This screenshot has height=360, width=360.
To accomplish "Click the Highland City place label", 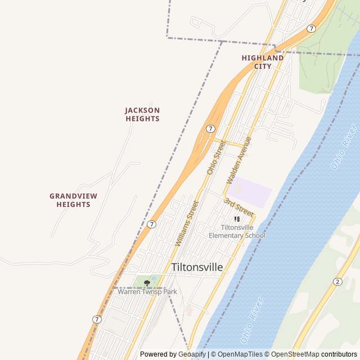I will tap(263, 62).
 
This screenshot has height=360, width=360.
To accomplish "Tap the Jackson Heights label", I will tap(142, 115).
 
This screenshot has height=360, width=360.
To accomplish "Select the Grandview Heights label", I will tap(73, 200).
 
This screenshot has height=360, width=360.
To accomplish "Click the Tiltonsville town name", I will tap(196, 267).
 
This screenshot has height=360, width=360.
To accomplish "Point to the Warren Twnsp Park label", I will tap(147, 291).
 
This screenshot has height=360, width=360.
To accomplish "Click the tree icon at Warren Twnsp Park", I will tap(147, 282).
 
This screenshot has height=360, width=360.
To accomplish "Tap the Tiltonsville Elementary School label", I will tap(237, 232).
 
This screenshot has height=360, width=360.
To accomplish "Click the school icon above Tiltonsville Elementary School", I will tap(237, 219).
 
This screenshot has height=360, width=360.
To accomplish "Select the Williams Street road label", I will tap(187, 224).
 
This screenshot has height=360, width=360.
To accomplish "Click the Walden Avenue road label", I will tap(238, 160).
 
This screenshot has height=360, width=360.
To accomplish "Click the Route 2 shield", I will tap(337, 281).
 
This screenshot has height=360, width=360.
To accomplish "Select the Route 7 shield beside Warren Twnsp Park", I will tap(97, 319).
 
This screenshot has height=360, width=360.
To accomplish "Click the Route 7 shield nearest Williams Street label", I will tap(151, 224).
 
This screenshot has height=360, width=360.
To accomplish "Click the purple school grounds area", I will tap(250, 191).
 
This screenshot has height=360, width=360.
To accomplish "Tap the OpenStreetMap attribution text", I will tap(294, 354).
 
